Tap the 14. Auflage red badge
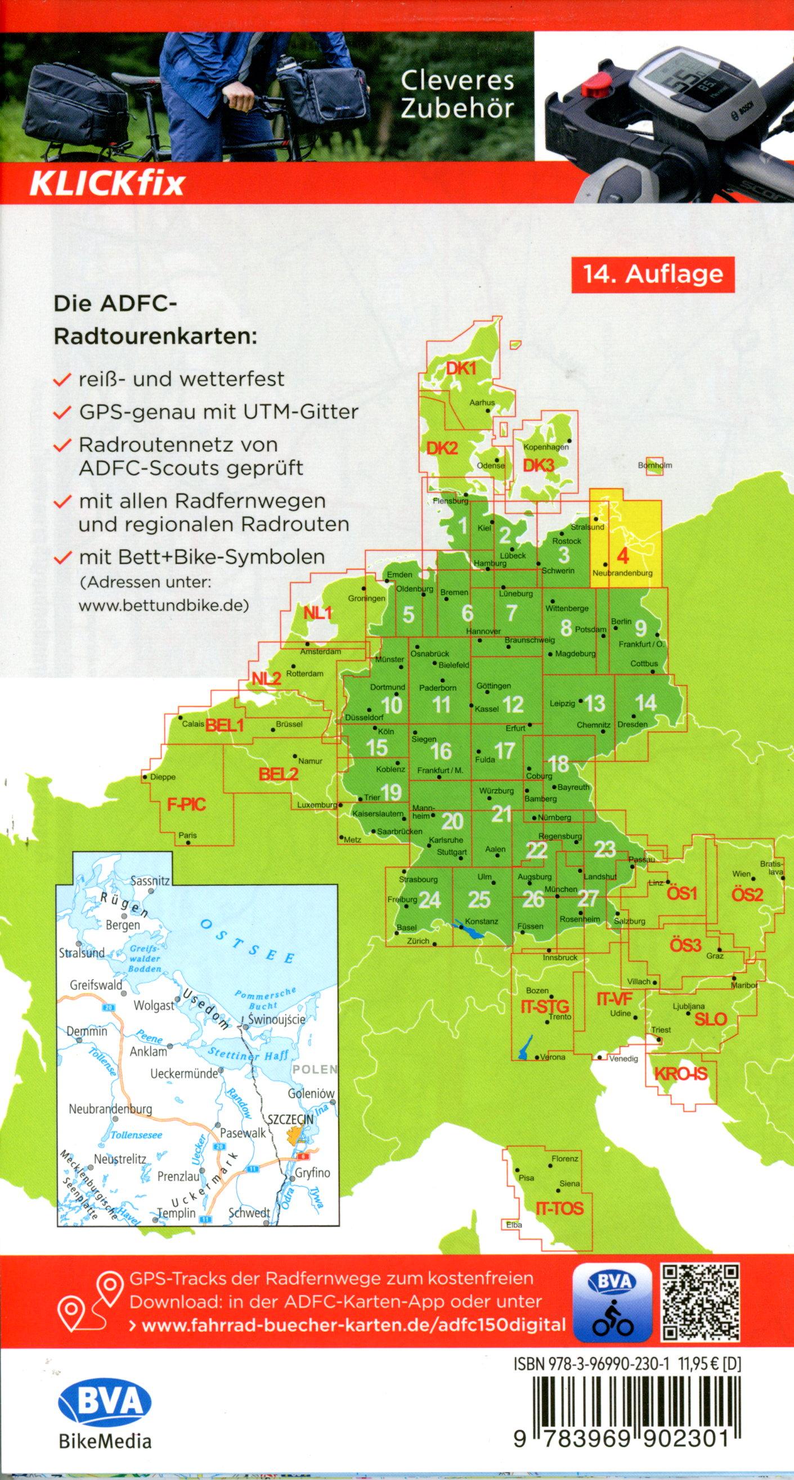(653, 273)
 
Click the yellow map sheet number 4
(622, 556)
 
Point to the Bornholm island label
(654, 465)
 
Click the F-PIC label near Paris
(186, 805)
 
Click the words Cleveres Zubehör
(457, 95)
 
